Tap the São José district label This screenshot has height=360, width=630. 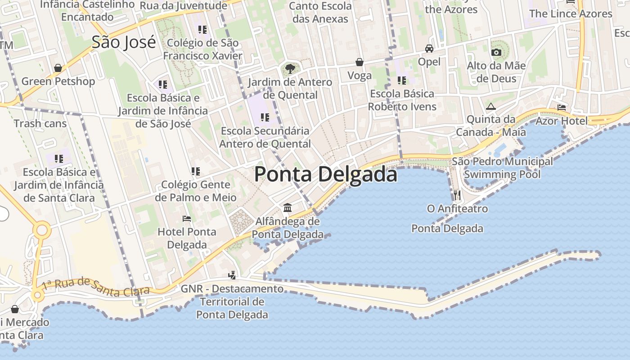[124, 42]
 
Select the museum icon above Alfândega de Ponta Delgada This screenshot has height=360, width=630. [288, 207]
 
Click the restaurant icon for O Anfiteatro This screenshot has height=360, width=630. [457, 195]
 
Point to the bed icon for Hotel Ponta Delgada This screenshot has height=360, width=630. [187, 219]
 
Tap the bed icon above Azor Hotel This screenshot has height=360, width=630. [562, 108]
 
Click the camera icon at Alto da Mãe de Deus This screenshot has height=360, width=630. [496, 52]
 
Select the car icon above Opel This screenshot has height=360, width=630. [429, 48]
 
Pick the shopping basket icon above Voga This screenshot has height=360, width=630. [360, 62]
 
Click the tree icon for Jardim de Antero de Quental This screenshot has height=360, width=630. [290, 69]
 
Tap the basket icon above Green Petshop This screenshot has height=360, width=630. [58, 68]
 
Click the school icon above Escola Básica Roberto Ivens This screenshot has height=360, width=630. [401, 81]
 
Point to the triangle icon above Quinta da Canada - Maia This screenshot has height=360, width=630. [490, 107]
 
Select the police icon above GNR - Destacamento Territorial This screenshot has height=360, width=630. [232, 275]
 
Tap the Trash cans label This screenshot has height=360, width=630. [40, 123]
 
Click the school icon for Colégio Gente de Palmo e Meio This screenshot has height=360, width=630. [195, 171]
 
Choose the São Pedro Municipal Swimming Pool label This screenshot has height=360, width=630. [502, 167]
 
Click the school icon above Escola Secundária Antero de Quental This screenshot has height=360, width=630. [265, 117]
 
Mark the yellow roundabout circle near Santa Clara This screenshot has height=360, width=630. [41, 230]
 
